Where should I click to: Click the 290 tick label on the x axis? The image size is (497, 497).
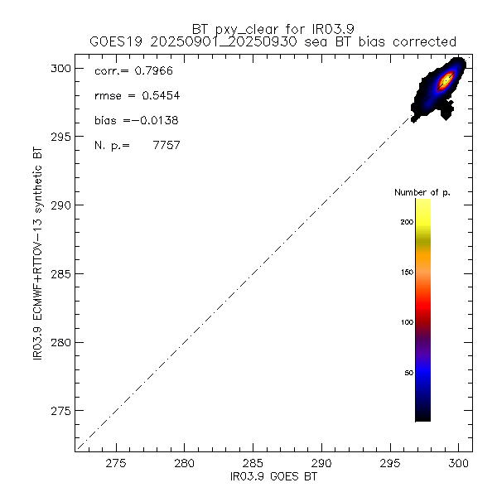coord(321,465)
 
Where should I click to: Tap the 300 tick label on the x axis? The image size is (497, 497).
coord(458,465)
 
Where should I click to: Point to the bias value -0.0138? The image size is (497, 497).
coord(155,121)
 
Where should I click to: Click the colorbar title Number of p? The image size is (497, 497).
coord(422,192)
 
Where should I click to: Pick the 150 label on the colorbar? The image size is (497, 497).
coord(405,272)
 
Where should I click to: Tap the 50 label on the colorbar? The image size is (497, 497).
coord(408,373)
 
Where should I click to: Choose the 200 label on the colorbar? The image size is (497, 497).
coord(405,221)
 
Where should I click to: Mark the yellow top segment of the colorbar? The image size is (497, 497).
coord(422,211)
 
